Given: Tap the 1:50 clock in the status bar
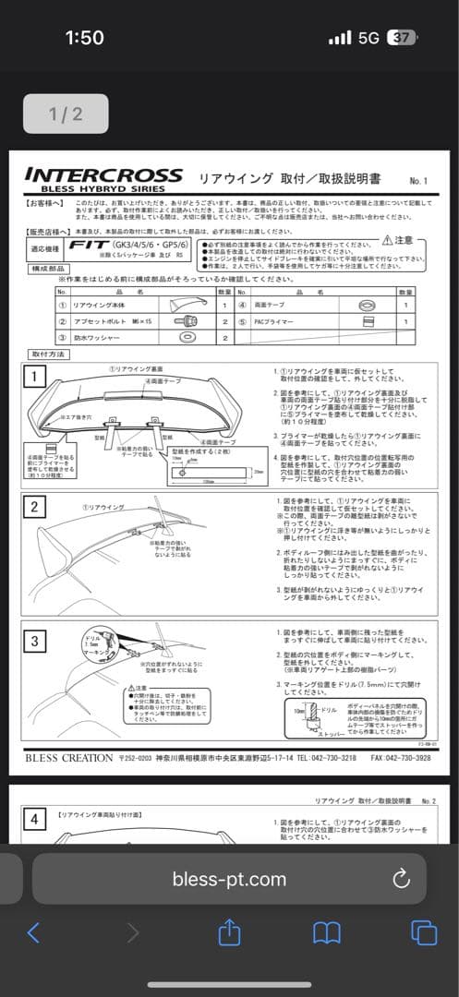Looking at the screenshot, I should pyautogui.click(x=84, y=38).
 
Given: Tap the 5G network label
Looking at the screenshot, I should pyautogui.click(x=368, y=38).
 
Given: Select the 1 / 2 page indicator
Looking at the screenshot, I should pyautogui.click(x=66, y=114).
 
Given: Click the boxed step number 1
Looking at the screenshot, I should pyautogui.click(x=33, y=376).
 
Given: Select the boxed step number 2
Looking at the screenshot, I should pyautogui.click(x=33, y=506).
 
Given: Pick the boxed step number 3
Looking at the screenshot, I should pyautogui.click(x=33, y=640).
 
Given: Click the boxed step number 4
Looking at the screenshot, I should pyautogui.click(x=33, y=818).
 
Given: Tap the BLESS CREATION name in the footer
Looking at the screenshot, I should pyautogui.click(x=67, y=757).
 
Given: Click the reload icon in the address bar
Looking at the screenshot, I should pyautogui.click(x=401, y=878).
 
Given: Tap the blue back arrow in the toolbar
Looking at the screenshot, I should pyautogui.click(x=34, y=932).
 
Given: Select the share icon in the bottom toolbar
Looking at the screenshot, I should pyautogui.click(x=229, y=932).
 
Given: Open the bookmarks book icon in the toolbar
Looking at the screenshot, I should pyautogui.click(x=327, y=933).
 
